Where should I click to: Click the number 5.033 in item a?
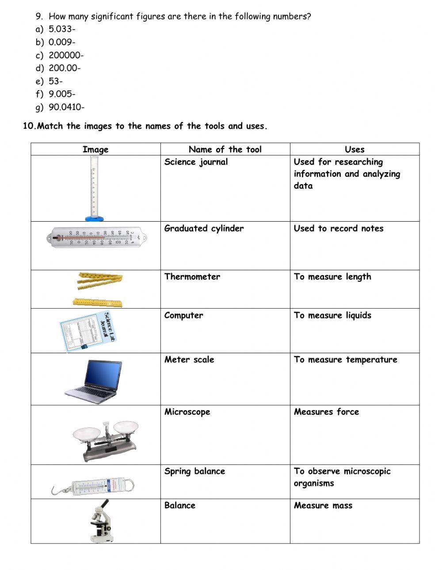[60, 29]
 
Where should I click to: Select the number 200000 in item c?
[65, 55]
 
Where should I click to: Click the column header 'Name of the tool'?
[225, 149]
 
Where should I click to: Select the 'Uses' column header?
[354, 149]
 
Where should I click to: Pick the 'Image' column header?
[95, 149]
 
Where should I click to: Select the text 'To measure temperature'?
[345, 359]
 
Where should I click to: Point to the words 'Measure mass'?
[323, 506]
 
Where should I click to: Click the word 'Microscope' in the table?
[187, 411]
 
